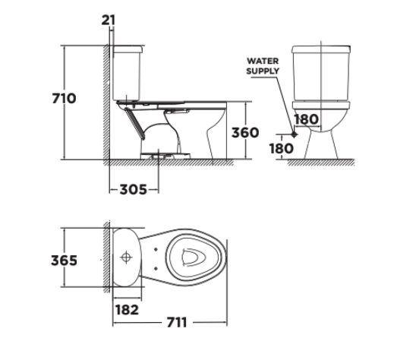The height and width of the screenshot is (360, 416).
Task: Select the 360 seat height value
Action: tap(244, 133)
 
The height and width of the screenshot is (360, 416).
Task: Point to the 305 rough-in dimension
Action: tap(134, 189)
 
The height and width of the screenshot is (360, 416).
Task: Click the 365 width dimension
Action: tap(65, 261)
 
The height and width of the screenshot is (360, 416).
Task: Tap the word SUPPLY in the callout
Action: tap(262, 71)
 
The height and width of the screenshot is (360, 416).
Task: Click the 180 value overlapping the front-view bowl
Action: tap(306, 119)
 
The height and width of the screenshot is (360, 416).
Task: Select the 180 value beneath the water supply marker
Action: tap(281, 149)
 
